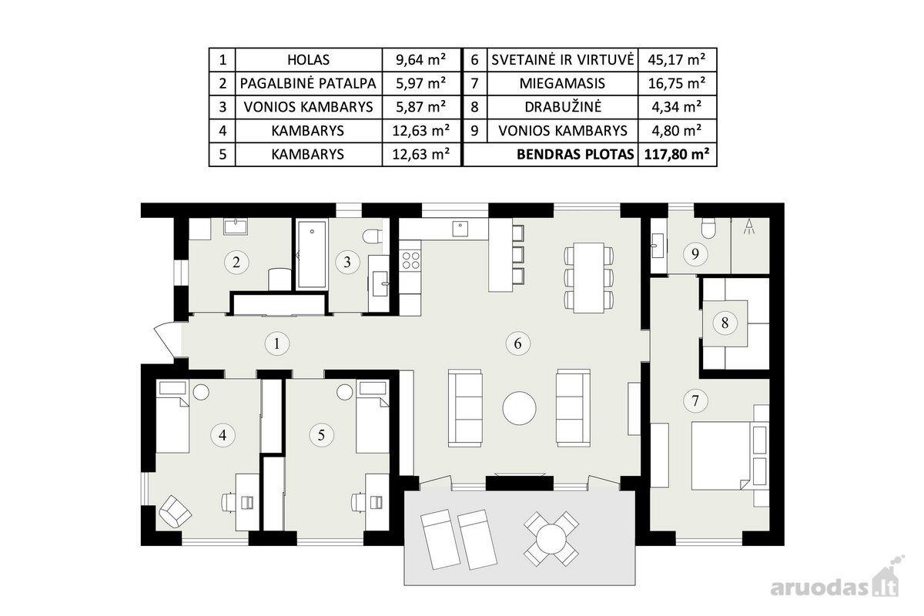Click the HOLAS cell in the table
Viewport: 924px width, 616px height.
pyautogui.click(x=308, y=60)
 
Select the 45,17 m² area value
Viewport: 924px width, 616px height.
pyautogui.click(x=677, y=60)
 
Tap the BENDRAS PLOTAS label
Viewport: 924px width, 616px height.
pyautogui.click(x=575, y=154)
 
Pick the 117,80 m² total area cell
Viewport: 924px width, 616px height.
pyautogui.click(x=677, y=154)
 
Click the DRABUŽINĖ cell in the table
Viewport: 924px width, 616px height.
pyautogui.click(x=563, y=107)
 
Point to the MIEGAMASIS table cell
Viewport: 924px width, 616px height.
pyautogui.click(x=563, y=84)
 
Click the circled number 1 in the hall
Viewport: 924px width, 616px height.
pyautogui.click(x=276, y=343)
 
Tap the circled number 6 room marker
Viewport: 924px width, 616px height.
pyautogui.click(x=517, y=343)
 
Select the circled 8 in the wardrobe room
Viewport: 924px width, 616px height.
pyautogui.click(x=725, y=323)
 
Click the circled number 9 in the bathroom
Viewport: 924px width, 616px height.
pyautogui.click(x=695, y=254)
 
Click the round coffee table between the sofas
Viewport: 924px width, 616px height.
pyautogui.click(x=519, y=408)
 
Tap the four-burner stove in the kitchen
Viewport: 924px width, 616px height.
pyautogui.click(x=410, y=260)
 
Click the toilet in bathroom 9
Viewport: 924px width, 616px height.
pyautogui.click(x=708, y=229)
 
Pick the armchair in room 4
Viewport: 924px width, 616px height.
pyautogui.click(x=175, y=511)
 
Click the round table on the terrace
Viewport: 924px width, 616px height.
pyautogui.click(x=551, y=538)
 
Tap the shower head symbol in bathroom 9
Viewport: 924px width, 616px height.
pyautogui.click(x=749, y=227)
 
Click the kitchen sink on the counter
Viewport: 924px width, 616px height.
pyautogui.click(x=460, y=229)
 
